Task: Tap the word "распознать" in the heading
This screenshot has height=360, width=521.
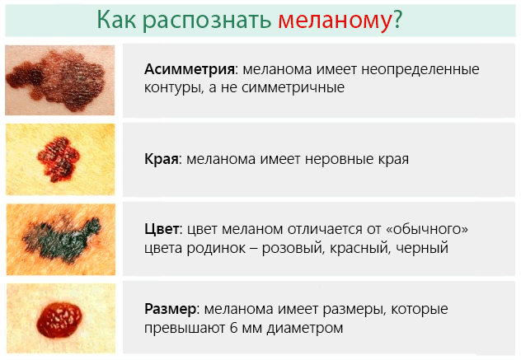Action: (x=205, y=20)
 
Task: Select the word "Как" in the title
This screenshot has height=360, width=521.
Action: (x=116, y=20)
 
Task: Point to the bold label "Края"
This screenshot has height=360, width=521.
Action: (x=162, y=159)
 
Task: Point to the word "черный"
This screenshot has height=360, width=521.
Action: (x=434, y=246)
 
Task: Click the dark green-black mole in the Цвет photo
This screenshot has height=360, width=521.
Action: (x=63, y=231)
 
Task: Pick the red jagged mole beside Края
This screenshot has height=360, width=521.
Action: (x=59, y=153)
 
